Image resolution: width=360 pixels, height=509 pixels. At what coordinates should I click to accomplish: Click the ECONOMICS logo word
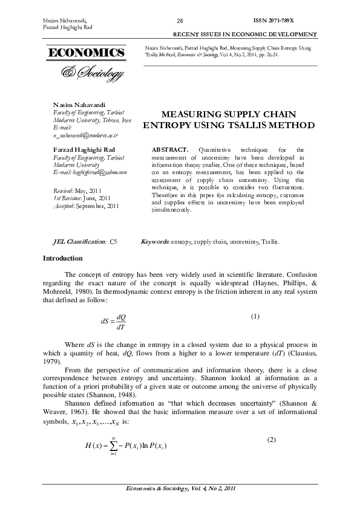point(83,53)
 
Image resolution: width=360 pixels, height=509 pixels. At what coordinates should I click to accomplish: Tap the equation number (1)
point(255,317)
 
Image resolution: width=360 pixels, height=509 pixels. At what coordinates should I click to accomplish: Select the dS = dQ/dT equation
point(113,322)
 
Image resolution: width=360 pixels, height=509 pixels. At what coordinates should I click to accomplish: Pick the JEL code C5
point(113,242)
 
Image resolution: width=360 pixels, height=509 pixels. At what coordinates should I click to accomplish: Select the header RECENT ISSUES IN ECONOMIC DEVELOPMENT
point(245,34)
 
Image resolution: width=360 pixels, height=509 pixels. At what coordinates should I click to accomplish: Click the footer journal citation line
point(179,488)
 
